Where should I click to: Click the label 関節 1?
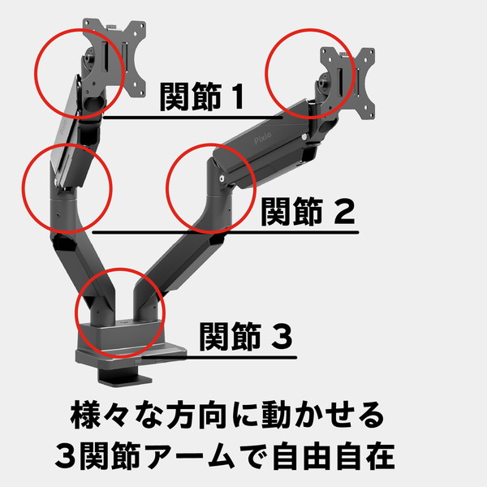(201, 97)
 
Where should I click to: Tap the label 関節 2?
(308, 212)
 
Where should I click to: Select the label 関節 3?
(245, 336)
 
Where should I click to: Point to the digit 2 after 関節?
(344, 212)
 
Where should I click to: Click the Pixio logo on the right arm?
(263, 138)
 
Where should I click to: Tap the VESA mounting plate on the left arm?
(114, 57)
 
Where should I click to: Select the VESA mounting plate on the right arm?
(348, 84)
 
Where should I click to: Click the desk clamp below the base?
(124, 376)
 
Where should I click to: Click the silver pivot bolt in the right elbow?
(222, 179)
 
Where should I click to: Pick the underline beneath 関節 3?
(219, 357)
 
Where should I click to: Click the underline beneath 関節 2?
(226, 232)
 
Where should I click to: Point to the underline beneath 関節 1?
(193, 118)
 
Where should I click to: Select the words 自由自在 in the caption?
(334, 456)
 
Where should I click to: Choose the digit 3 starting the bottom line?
(67, 456)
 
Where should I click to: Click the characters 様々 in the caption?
(99, 416)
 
